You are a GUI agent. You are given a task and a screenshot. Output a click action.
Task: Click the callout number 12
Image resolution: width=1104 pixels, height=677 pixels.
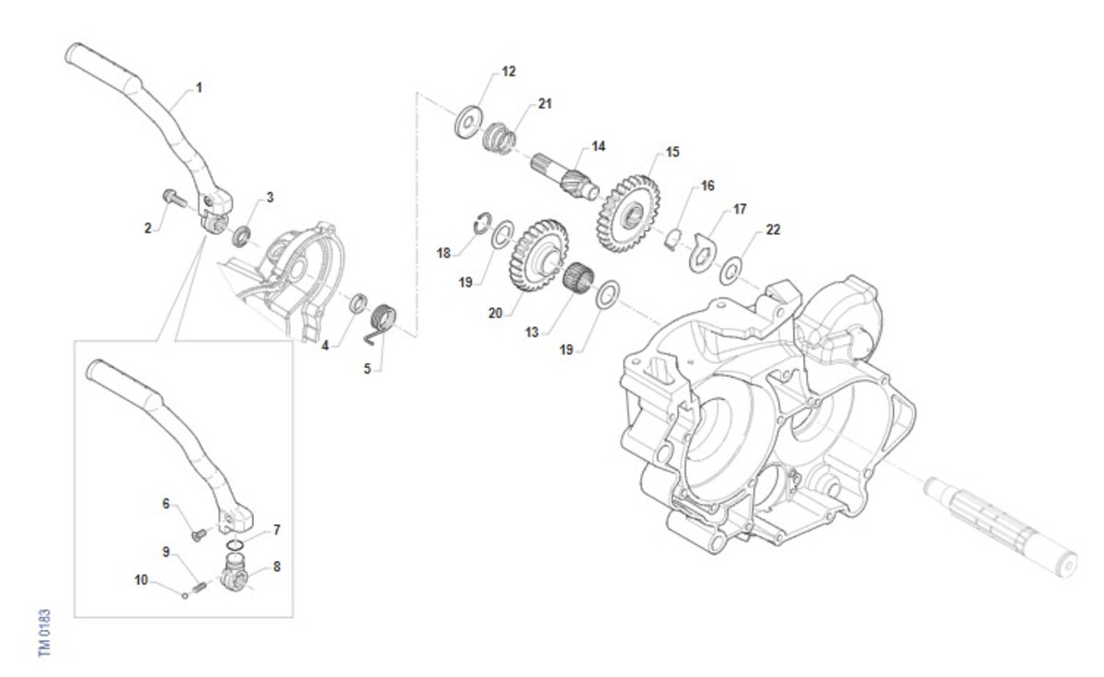point(509,72)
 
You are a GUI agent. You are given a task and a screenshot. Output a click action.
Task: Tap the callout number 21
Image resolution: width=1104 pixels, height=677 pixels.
point(545,103)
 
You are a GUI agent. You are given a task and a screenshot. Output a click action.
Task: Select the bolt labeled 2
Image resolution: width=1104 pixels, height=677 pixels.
point(174,199)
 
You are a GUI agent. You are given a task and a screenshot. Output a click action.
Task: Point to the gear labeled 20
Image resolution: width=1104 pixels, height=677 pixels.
point(538,255)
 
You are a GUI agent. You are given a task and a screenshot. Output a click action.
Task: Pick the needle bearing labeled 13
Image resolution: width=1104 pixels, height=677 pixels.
point(578,278)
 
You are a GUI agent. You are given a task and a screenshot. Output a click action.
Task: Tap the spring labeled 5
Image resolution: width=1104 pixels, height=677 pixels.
point(383,323)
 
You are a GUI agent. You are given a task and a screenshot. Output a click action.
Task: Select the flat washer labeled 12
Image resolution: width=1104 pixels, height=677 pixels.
point(468,121)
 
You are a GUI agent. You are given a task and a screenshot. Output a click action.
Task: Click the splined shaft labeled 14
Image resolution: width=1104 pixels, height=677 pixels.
point(564,176)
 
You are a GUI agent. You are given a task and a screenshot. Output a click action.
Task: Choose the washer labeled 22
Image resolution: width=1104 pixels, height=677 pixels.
point(730,270)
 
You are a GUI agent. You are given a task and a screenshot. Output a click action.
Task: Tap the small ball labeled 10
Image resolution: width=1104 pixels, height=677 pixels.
point(185,596)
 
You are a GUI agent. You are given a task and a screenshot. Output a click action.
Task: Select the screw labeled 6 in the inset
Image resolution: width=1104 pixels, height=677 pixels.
point(199,534)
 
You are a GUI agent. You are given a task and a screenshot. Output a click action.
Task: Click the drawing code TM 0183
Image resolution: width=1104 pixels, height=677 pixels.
point(44,633)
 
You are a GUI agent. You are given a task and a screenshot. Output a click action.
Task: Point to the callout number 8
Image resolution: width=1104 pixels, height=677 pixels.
point(277,567)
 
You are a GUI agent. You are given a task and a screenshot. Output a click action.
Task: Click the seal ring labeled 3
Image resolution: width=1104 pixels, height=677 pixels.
point(241,235)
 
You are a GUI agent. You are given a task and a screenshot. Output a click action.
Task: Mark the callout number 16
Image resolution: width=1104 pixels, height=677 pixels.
point(707,186)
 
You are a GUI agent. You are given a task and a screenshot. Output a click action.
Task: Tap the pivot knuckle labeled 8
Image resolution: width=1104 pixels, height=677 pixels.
point(235,574)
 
